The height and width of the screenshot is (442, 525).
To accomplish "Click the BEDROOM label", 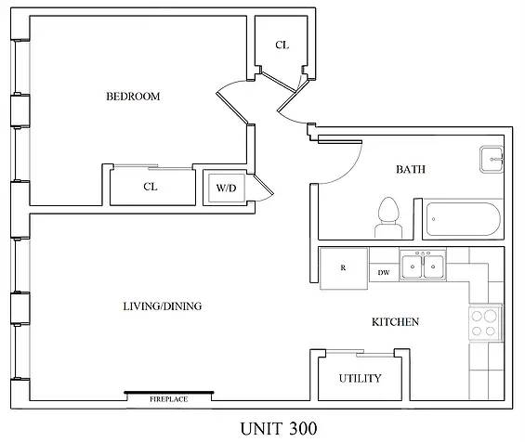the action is (x=133, y=97).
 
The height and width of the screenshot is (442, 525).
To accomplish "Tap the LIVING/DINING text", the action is (x=163, y=306).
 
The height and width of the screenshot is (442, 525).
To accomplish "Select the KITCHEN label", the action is (x=395, y=322).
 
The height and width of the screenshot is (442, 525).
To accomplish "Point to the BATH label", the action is (x=411, y=169).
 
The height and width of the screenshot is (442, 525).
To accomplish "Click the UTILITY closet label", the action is (x=360, y=379).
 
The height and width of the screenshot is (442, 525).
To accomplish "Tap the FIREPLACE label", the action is (x=168, y=399).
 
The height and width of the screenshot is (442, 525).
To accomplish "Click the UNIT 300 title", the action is (x=279, y=429).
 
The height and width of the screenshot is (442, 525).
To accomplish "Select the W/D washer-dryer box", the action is (x=227, y=188).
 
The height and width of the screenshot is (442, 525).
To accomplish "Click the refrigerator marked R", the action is (x=344, y=268).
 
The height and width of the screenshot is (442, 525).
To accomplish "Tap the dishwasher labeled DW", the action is (x=384, y=272).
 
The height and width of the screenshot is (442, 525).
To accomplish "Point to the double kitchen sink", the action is (x=423, y=266).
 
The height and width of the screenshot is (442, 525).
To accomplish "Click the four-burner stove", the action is (x=484, y=323).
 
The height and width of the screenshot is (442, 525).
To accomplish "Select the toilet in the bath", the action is (x=388, y=218).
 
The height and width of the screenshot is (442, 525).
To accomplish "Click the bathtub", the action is (x=463, y=219).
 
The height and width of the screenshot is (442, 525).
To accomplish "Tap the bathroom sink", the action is (x=492, y=160).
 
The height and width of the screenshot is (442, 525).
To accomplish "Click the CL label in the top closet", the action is (x=282, y=45).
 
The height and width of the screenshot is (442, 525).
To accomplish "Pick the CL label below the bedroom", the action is (x=151, y=187).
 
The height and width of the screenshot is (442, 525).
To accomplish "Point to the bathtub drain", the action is (x=434, y=219).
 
